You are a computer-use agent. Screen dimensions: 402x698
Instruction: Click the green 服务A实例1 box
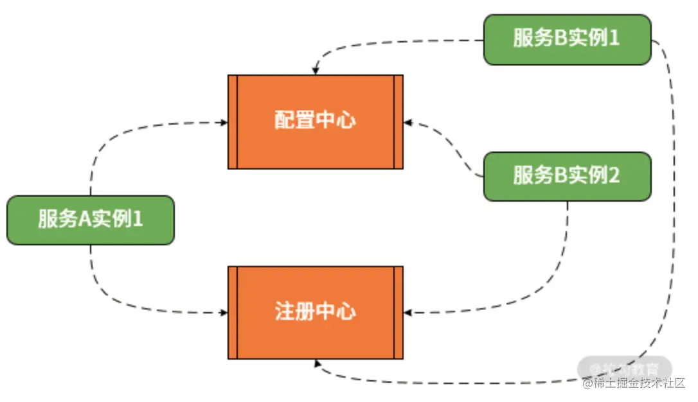click(90, 220)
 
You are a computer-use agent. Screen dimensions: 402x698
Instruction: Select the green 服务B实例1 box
click(567, 39)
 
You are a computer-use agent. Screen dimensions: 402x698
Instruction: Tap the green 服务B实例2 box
click(567, 176)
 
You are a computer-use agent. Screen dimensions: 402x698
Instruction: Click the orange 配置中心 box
click(315, 121)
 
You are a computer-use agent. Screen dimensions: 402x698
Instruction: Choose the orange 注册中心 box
click(315, 312)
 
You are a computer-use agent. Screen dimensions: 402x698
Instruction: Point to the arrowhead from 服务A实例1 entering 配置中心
click(224, 121)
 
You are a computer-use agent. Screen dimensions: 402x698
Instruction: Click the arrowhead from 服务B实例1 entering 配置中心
click(315, 71)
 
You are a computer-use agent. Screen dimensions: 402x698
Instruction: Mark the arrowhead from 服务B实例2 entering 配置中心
click(407, 121)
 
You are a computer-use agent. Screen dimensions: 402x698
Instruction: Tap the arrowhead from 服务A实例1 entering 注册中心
click(224, 313)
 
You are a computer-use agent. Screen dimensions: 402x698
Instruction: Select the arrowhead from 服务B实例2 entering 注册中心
click(407, 313)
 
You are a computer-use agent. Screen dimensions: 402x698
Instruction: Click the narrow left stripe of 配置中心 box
click(233, 121)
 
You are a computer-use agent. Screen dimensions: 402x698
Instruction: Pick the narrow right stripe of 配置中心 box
click(398, 121)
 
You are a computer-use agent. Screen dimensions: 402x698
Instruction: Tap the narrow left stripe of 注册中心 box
click(233, 312)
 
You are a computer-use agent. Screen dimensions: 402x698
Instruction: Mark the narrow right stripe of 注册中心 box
click(398, 312)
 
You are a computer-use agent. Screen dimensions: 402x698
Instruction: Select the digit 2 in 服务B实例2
click(613, 176)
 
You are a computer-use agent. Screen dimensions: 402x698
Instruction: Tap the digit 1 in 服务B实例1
click(613, 39)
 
